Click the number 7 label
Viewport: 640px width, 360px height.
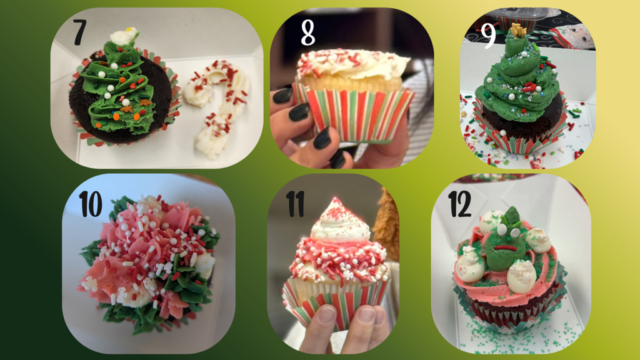79,33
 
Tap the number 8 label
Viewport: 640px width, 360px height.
307,33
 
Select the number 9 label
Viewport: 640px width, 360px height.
489,36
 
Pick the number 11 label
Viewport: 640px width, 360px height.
296,204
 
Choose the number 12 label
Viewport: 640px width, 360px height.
459,203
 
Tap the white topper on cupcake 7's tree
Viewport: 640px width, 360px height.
123,36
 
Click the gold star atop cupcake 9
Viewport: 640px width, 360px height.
517,29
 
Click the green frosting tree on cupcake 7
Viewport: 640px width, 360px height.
119,94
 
